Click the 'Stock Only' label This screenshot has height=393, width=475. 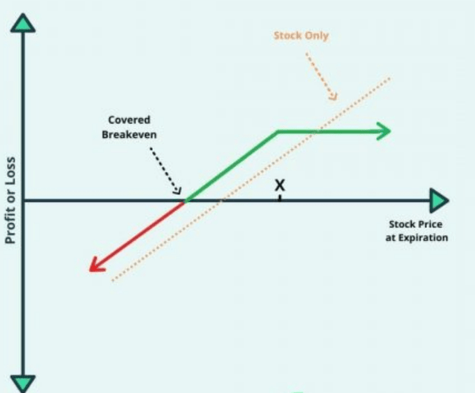pos(301,36)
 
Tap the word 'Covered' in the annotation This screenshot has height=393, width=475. pos(128,120)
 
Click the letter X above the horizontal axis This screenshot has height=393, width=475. pos(280,185)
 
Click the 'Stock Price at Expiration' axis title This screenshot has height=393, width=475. pos(418,231)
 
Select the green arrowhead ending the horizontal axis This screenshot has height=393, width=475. pos(439,199)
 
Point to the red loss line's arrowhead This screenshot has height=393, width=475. pos(94,265)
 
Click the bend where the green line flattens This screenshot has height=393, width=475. pos(278,132)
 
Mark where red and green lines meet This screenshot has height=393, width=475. pos(184,200)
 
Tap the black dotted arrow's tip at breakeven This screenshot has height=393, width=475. pos(180,192)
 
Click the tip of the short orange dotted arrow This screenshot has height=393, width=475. pos(335,98)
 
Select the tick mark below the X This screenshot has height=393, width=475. pos(280,197)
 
